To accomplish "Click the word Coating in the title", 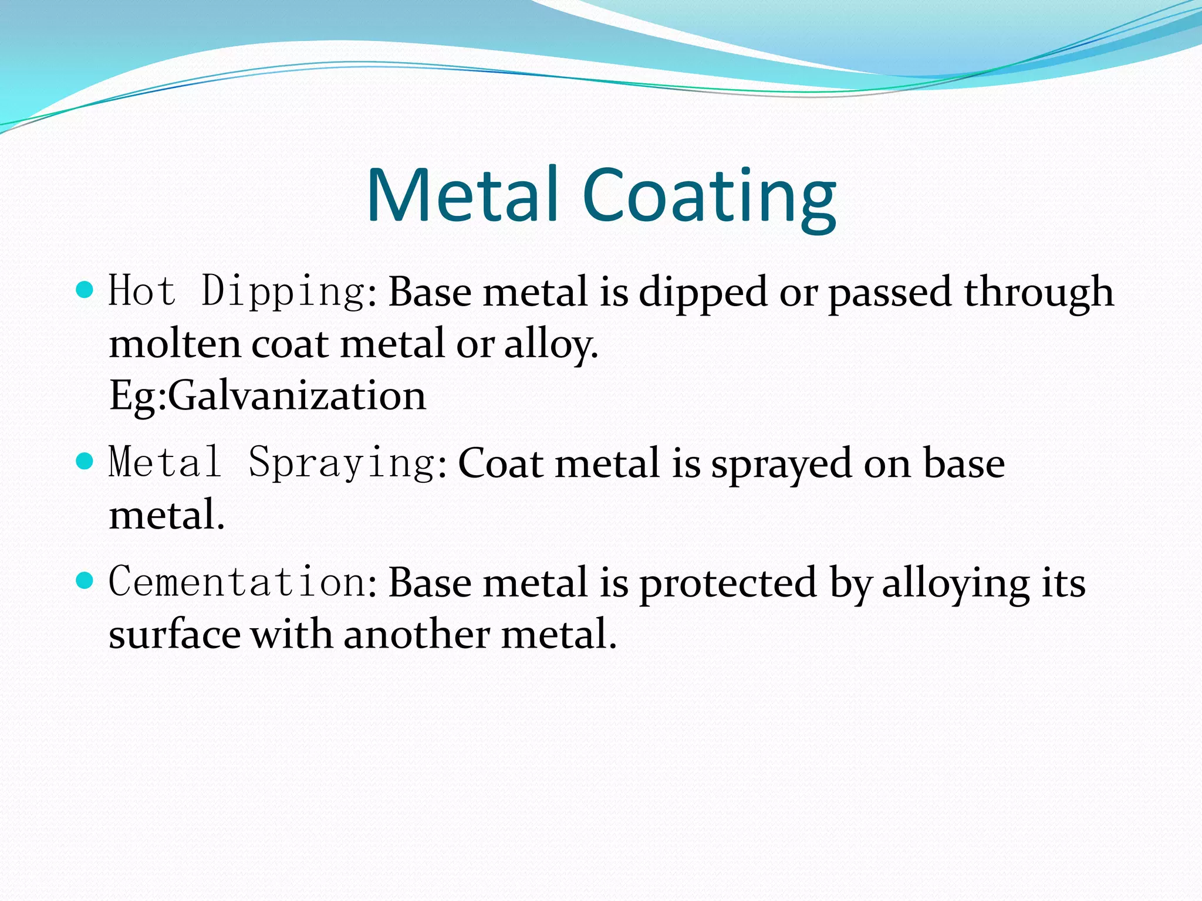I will click(710, 197).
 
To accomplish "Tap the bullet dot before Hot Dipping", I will click(85, 290).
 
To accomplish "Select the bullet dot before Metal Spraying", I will click(85, 461).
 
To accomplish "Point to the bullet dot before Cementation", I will click(85, 581).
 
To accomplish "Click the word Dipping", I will click(283, 292).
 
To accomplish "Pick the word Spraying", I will click(343, 463).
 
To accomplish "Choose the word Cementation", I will click(238, 582).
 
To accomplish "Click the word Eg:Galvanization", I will click(268, 396).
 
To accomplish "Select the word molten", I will click(175, 344).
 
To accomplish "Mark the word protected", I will click(728, 584).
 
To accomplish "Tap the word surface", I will click(175, 635).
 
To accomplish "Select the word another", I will click(416, 635).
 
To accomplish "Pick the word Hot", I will click(142, 292).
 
